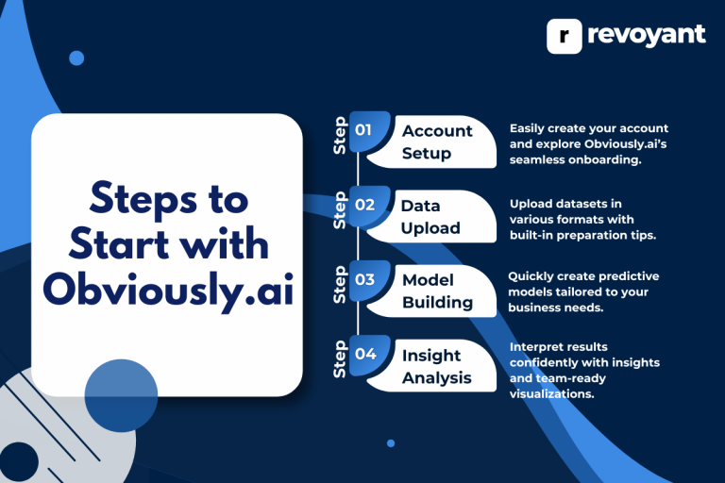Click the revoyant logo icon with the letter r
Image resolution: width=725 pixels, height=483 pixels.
(565, 35)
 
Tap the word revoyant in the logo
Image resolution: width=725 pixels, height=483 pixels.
(646, 35)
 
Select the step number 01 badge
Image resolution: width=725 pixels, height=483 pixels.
(365, 129)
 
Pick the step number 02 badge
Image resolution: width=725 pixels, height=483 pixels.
(365, 204)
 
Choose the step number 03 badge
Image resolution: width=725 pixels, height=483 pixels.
(365, 279)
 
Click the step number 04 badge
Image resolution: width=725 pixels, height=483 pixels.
(365, 354)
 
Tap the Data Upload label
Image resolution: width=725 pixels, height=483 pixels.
(430, 216)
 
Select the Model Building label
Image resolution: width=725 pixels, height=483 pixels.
(437, 291)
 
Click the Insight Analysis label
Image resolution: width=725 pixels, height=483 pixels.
(437, 366)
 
